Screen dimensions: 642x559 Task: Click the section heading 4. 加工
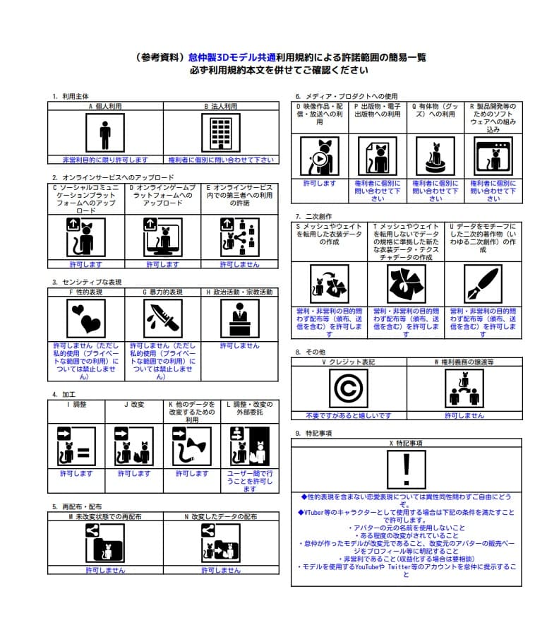(x=65, y=394)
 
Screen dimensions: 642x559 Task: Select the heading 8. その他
(x=311, y=351)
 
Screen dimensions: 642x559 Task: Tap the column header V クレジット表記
(x=349, y=362)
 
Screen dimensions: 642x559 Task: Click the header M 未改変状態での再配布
(x=105, y=517)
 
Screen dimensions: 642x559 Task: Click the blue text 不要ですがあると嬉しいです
(x=349, y=415)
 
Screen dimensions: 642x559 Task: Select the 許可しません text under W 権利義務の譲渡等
(x=464, y=415)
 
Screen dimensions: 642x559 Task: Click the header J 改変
(x=134, y=405)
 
